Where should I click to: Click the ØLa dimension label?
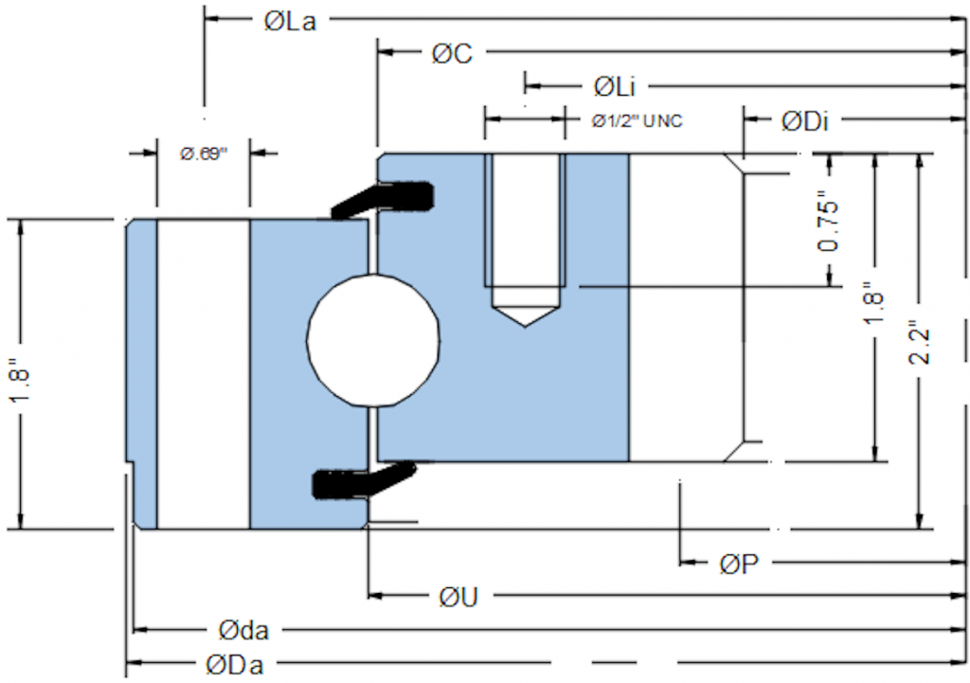pyautogui.click(x=290, y=22)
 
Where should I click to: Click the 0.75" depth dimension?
pyautogui.click(x=829, y=225)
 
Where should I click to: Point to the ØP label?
pyautogui.click(x=738, y=565)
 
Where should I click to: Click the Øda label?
pyautogui.click(x=242, y=629)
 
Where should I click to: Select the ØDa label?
pyautogui.click(x=234, y=664)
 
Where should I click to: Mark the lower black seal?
pyautogui.click(x=360, y=481)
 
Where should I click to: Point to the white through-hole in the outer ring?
pyautogui.click(x=203, y=373)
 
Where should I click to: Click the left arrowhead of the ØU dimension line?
pyautogui.click(x=375, y=596)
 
